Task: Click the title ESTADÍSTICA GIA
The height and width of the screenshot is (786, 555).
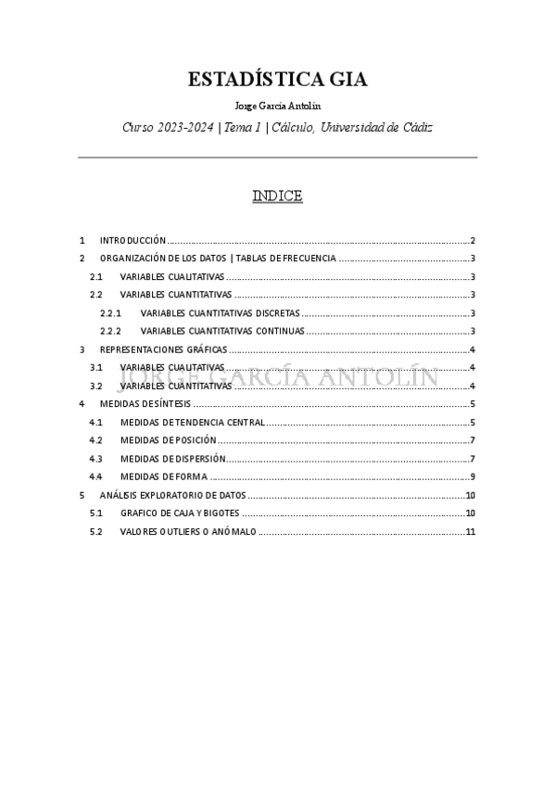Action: click(x=277, y=80)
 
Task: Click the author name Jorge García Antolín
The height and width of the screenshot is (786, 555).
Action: click(x=277, y=106)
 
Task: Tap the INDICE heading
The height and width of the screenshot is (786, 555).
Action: click(x=277, y=196)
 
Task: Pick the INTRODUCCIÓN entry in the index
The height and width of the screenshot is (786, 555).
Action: click(x=132, y=239)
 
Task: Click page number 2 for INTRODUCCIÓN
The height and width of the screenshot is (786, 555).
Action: click(x=473, y=239)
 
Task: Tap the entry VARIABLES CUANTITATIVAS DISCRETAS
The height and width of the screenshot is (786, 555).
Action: click(x=220, y=313)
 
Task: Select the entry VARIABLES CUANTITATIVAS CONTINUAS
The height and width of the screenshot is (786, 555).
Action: click(x=221, y=331)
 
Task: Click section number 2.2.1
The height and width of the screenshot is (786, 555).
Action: click(x=110, y=313)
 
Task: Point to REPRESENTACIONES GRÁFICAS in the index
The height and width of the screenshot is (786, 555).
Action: click(x=163, y=349)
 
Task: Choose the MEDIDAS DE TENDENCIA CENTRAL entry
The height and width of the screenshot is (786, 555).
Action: click(x=193, y=423)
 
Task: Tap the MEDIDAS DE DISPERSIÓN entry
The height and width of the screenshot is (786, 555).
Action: click(x=172, y=459)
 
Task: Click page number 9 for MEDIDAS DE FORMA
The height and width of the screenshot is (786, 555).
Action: click(x=473, y=477)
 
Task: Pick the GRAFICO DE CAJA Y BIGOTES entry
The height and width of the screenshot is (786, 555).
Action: click(x=180, y=513)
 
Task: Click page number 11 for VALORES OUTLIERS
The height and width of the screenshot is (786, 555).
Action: click(x=471, y=532)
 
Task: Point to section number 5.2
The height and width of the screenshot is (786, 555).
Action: click(x=96, y=532)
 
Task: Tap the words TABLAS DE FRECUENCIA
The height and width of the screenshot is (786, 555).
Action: click(x=286, y=259)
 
